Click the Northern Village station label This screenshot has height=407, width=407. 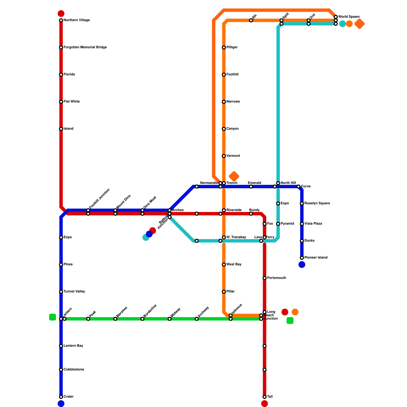point(77,20)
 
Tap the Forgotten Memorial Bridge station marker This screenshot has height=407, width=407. point(61,48)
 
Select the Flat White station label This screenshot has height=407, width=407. point(71,102)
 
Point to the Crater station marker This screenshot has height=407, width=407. point(61,397)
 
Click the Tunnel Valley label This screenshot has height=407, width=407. point(74,292)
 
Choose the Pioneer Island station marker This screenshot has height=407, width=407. point(302,258)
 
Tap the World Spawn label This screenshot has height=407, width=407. point(349,17)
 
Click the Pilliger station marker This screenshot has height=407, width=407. point(224,48)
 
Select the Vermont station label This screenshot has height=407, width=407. point(233,156)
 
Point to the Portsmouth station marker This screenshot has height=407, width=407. point(265,278)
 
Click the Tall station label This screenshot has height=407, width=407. point(270,397)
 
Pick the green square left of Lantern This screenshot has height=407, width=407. point(52,317)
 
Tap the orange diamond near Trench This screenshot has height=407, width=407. point(234,176)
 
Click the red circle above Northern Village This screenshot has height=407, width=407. point(61,13)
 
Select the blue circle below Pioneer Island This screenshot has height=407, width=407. point(302,265)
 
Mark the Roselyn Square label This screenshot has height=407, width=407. point(317,203)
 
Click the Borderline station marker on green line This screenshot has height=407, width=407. point(142,319)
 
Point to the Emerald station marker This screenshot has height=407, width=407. point(251,187)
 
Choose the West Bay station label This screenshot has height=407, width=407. point(234,265)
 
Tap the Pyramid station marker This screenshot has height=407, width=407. point(278,224)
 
